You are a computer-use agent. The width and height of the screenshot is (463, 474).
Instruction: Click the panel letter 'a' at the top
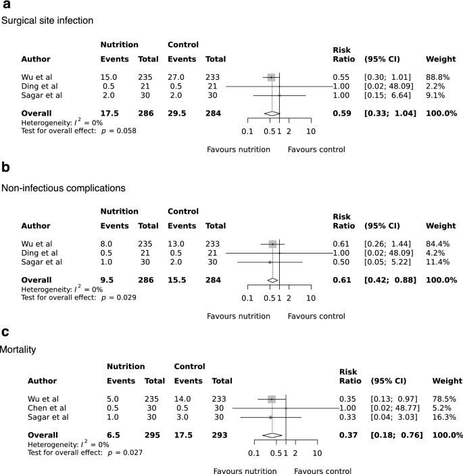pyautogui.click(x=5, y=5)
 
